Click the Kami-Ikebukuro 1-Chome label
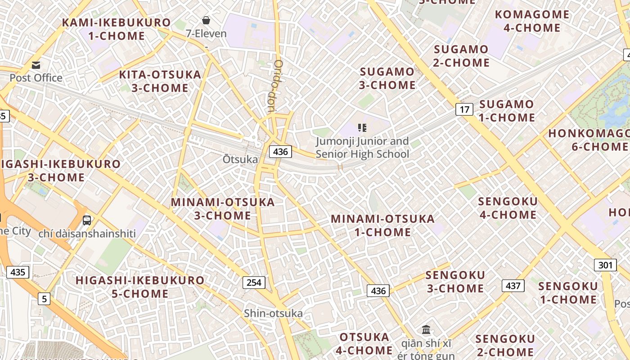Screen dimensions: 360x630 (x=116, y=29)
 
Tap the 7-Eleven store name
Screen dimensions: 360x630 (x=206, y=34)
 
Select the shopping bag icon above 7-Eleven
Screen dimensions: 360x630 (x=206, y=20)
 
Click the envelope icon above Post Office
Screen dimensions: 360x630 (x=36, y=65)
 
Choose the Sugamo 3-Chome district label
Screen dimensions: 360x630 (x=387, y=78)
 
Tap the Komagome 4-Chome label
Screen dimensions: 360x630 (x=532, y=21)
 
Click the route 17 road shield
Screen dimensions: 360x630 (x=464, y=109)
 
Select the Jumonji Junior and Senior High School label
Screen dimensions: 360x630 (x=362, y=148)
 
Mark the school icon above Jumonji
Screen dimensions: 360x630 (x=362, y=128)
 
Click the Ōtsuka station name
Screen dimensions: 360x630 (x=240, y=159)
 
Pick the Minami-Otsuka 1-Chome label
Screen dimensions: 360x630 (x=382, y=225)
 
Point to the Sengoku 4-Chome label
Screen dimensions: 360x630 (x=508, y=208)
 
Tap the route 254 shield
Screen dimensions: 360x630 (x=254, y=283)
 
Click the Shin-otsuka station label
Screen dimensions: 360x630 (x=273, y=313)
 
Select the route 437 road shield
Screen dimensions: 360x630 (x=513, y=285)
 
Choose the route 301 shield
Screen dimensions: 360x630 (x=605, y=265)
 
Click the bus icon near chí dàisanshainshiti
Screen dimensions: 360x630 (x=87, y=220)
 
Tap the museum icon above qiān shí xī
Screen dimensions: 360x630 (x=426, y=330)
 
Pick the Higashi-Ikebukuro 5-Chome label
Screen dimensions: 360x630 (x=139, y=287)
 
